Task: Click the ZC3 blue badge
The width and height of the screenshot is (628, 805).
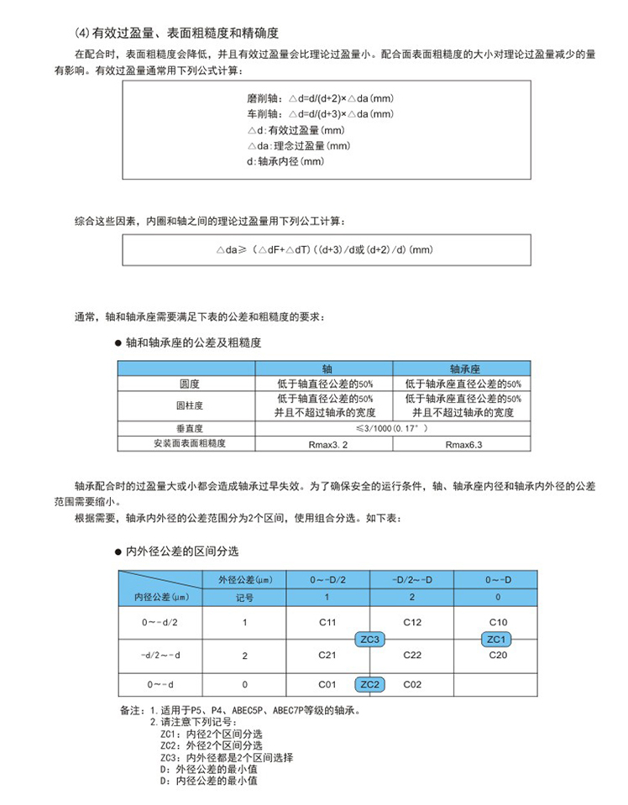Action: (x=370, y=639)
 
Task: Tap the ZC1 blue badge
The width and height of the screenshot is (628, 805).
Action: (x=495, y=639)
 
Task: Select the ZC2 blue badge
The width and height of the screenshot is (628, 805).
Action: (x=370, y=684)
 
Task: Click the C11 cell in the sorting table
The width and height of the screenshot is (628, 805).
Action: (x=328, y=623)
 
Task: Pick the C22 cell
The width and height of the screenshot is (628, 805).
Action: (x=412, y=655)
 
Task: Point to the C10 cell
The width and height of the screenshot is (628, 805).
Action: (x=496, y=623)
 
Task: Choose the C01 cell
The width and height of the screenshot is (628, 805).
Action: (x=328, y=684)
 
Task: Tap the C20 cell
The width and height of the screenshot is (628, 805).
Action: (x=496, y=654)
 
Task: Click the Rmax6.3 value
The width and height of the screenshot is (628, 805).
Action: (x=463, y=442)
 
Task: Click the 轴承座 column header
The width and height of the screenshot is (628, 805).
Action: (x=463, y=368)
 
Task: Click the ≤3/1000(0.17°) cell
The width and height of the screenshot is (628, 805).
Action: (x=394, y=428)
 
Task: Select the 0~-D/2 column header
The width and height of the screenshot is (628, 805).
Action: (x=328, y=579)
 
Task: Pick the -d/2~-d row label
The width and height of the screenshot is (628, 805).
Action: (x=161, y=654)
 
